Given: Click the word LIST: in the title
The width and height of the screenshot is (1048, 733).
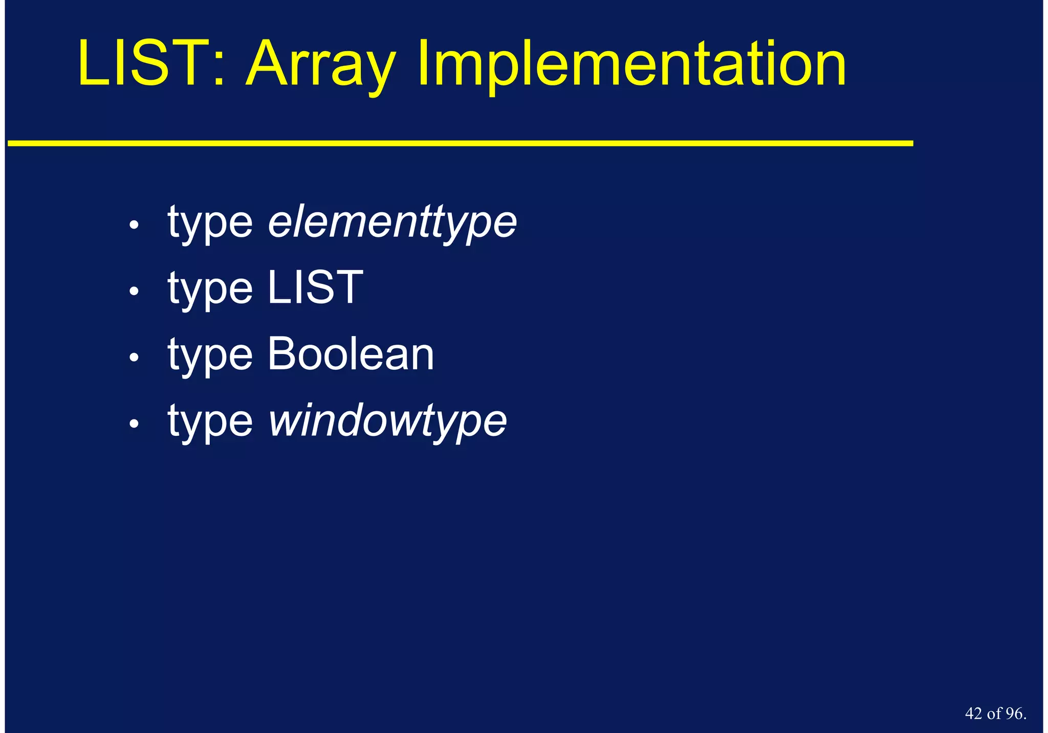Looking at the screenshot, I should pos(151,64).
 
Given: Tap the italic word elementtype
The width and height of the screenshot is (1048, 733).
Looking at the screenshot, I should pos(392,223).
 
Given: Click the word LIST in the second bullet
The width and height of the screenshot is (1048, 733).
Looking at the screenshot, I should pos(315,288).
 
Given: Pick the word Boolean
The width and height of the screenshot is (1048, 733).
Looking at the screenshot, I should pos(351,354).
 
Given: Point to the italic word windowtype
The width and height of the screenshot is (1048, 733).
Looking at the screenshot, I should pos(387,421).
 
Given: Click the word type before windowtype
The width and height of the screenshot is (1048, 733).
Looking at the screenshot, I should pos(210,423).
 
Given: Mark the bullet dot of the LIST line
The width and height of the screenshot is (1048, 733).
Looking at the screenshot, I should pos(134,291).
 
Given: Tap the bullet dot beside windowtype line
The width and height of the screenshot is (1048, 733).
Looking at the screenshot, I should pos(134,424).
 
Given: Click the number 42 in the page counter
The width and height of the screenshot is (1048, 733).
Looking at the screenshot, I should pos(973,714).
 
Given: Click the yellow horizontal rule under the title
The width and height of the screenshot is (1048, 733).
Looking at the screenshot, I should pos(461,144).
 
